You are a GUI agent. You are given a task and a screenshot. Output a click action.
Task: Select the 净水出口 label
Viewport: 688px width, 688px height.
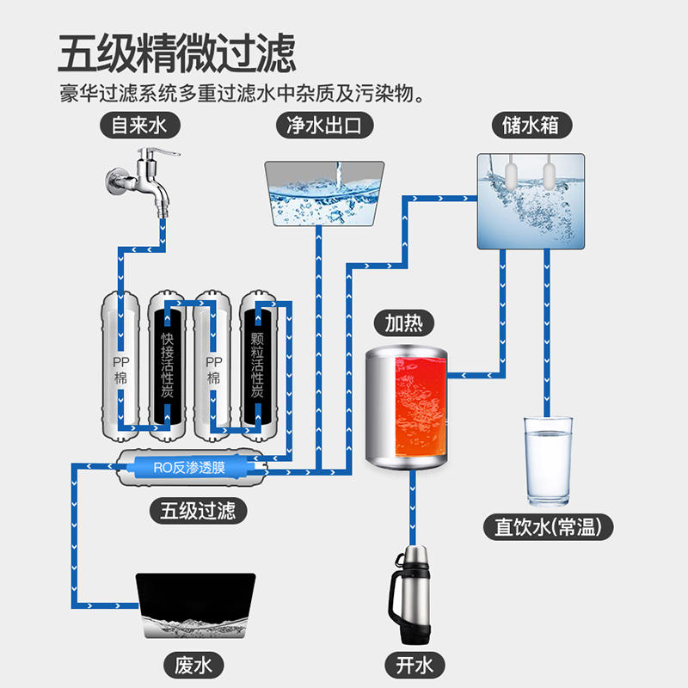click(x=322, y=126)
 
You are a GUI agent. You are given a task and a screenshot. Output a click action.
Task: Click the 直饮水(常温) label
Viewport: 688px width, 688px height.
click(x=548, y=526)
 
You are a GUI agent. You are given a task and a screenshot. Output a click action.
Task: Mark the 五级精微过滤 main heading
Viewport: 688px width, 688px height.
click(x=177, y=54)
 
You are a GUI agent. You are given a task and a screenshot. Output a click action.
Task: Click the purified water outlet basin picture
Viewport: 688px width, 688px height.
click(x=322, y=193)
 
